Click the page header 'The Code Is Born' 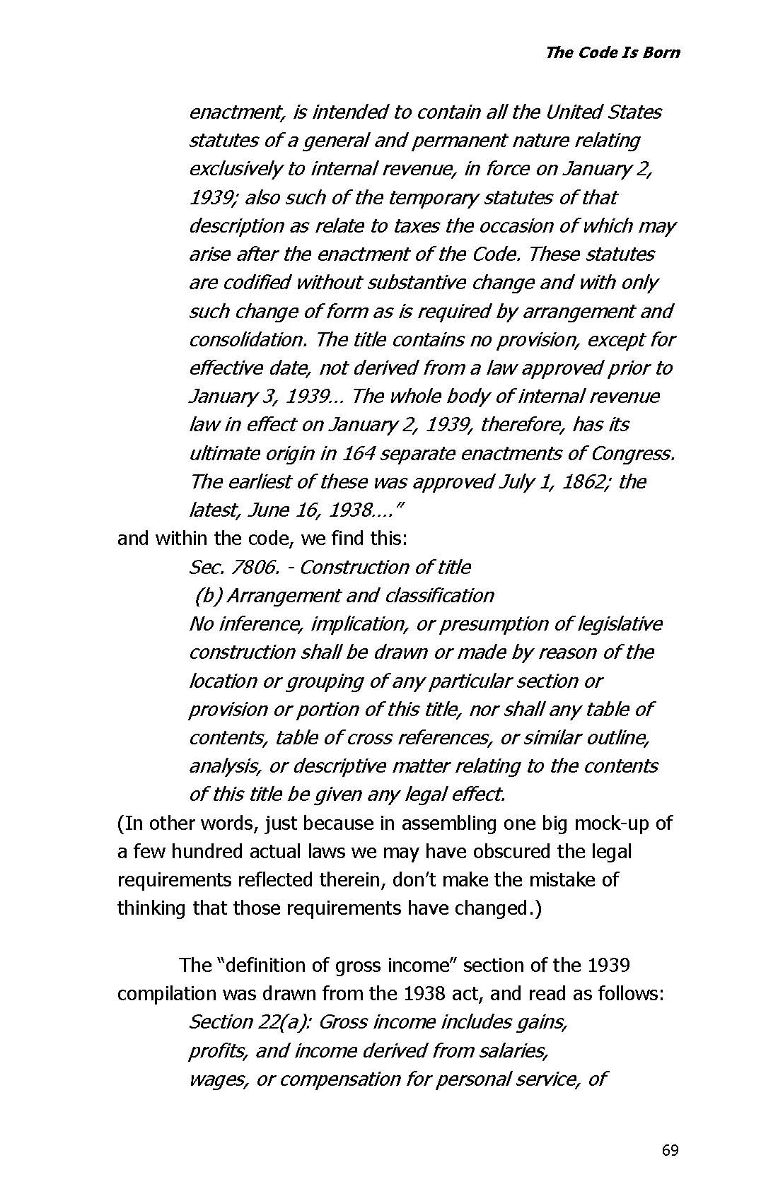[x=612, y=52]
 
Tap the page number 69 [x=670, y=1150]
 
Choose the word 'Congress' [x=632, y=453]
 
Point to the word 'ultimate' [x=219, y=453]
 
